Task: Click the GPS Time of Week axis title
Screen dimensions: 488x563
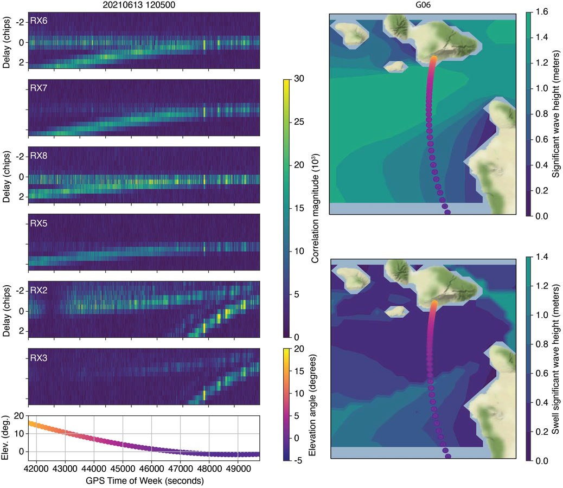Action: (144, 480)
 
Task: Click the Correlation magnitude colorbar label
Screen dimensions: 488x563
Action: (316, 207)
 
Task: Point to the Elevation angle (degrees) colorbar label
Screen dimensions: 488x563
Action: (316, 404)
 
